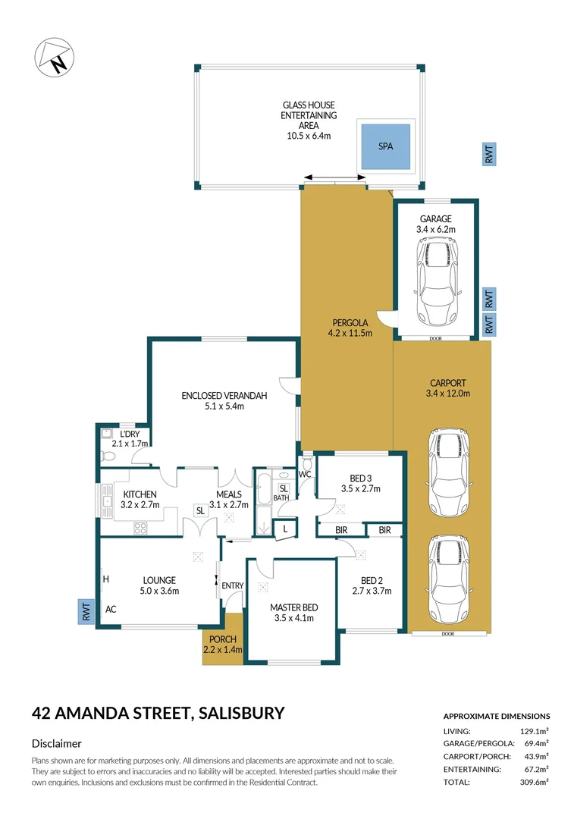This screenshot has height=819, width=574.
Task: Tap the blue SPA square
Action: click(x=386, y=146)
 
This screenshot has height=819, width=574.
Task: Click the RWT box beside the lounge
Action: click(x=86, y=612)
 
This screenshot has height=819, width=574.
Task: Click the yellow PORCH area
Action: click(x=223, y=649)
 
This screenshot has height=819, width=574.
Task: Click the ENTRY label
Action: click(x=231, y=585)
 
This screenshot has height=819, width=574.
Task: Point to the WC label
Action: click(x=306, y=475)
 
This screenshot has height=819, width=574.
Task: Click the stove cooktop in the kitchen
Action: click(x=140, y=527)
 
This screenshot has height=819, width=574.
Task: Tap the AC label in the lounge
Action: click(x=111, y=609)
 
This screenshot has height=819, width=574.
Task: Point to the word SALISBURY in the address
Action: click(x=240, y=713)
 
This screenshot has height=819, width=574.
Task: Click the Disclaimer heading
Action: click(x=56, y=744)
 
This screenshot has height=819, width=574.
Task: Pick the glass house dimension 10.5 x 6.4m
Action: click(x=309, y=136)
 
